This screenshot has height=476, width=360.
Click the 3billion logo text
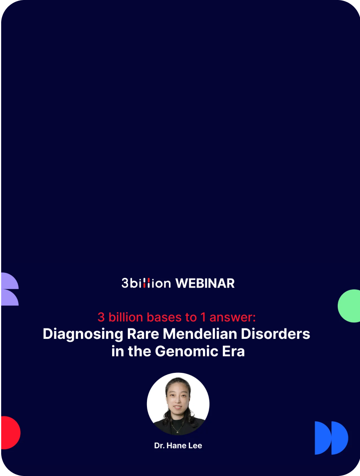tap(146, 283)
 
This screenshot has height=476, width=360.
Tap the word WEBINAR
tap(205, 283)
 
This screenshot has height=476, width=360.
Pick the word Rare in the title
tap(143, 334)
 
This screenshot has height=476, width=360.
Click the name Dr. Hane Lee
tap(178, 446)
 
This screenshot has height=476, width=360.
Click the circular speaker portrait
tap(178, 404)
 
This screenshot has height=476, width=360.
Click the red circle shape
tap(9, 433)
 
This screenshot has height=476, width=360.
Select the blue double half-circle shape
tap(331, 438)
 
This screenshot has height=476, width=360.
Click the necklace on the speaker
tap(178, 429)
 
